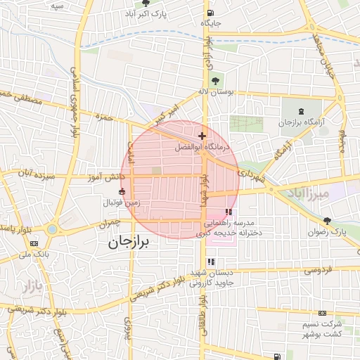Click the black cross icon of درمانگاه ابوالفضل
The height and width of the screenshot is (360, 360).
[x=202, y=136]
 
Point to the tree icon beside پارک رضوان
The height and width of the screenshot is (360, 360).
[x=328, y=221]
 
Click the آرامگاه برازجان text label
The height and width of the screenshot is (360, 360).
[x=303, y=123]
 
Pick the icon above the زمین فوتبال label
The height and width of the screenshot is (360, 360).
[x=122, y=191]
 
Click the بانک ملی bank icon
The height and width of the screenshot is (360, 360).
[x=34, y=243]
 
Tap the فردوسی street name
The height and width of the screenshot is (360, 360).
[x=316, y=269]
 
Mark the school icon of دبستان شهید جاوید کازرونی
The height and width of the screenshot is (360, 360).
[x=211, y=262]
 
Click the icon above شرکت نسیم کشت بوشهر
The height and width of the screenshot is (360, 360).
[x=322, y=313]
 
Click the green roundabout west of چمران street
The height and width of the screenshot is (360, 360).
[x=51, y=229]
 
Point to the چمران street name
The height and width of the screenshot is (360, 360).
[x=110, y=223]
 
